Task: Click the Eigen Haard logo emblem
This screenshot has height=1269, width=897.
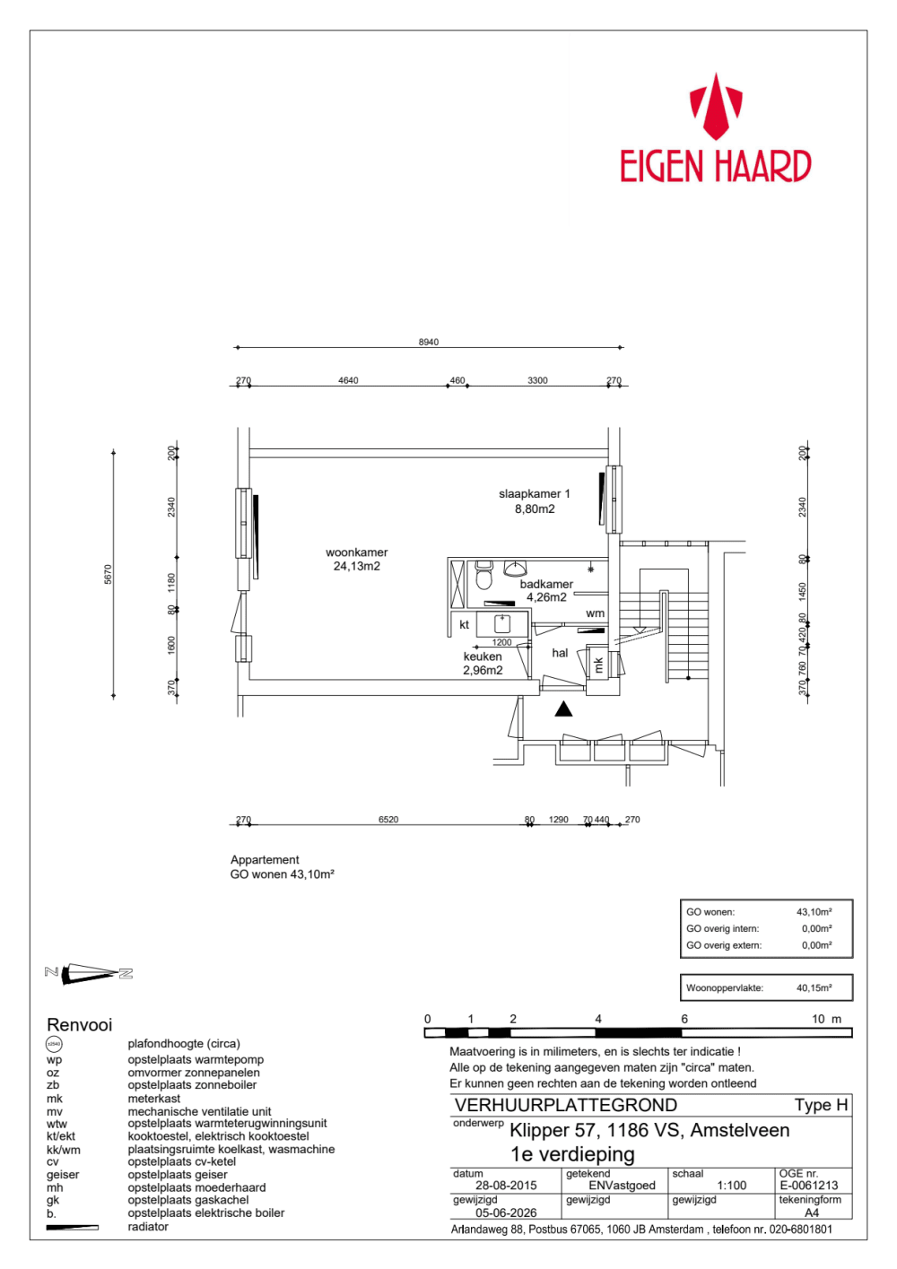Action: (716, 106)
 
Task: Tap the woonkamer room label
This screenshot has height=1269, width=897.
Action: (356, 552)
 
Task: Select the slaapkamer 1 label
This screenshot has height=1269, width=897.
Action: (535, 493)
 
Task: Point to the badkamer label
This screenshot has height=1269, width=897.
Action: (546, 584)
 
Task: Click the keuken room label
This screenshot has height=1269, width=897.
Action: (483, 656)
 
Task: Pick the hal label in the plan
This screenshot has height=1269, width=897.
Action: (560, 653)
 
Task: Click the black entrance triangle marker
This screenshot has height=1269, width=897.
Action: (562, 708)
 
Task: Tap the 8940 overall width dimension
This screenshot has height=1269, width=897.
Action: (429, 342)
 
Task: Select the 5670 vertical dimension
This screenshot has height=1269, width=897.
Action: (108, 574)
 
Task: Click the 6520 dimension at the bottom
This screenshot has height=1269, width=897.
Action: (388, 819)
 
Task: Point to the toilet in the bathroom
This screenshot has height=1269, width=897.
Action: (483, 575)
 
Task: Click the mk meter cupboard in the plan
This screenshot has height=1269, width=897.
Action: (598, 663)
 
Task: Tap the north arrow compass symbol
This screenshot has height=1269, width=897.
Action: (89, 973)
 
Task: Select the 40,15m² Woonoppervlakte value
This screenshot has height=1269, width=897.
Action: (814, 987)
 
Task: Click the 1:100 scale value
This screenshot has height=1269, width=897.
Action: (732, 1185)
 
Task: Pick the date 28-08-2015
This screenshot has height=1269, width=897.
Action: (506, 1185)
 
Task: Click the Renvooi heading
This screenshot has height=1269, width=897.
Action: (79, 1024)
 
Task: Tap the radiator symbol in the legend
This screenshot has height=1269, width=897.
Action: (72, 1227)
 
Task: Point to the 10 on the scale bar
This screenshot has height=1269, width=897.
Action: (818, 1019)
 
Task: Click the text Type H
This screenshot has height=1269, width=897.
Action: (821, 1105)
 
